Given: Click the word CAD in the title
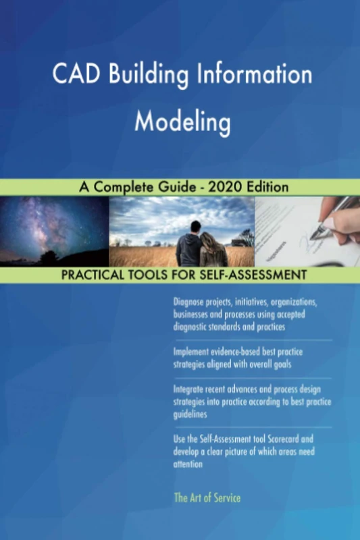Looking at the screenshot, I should tap(74, 75).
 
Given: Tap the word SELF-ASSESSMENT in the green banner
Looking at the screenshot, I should tap(249, 275).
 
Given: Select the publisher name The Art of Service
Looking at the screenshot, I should tap(207, 498).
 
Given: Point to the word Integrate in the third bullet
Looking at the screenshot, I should tap(193, 390).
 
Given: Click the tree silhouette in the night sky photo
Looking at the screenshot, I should tap(49, 257).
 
